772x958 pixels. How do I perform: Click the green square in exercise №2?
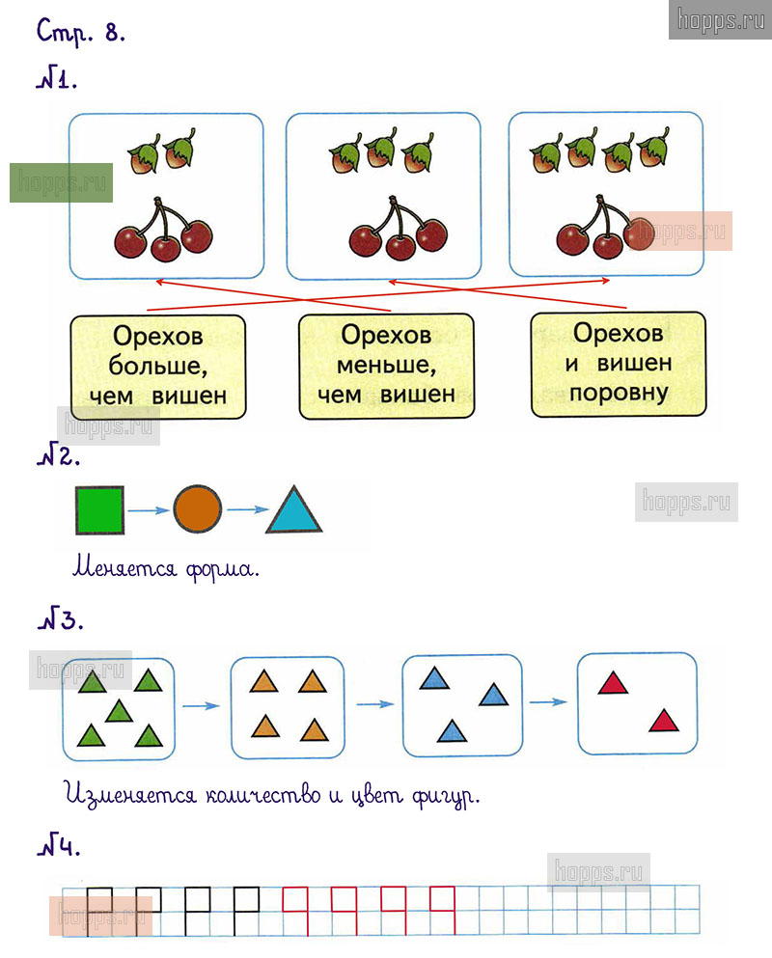coord(99,509)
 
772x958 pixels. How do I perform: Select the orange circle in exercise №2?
coord(198,508)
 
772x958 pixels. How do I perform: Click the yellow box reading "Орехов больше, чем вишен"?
coord(158,366)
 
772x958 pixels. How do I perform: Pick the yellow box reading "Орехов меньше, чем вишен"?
coord(386,365)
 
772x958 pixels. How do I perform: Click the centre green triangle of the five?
coord(119,712)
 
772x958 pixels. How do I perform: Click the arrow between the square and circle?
coord(149,510)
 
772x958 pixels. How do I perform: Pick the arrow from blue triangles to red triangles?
coord(548,701)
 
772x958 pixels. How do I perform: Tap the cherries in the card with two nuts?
coord(164,230)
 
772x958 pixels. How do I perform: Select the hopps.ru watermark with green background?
coord(61,182)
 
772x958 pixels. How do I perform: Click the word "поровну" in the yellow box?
coord(618,393)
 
